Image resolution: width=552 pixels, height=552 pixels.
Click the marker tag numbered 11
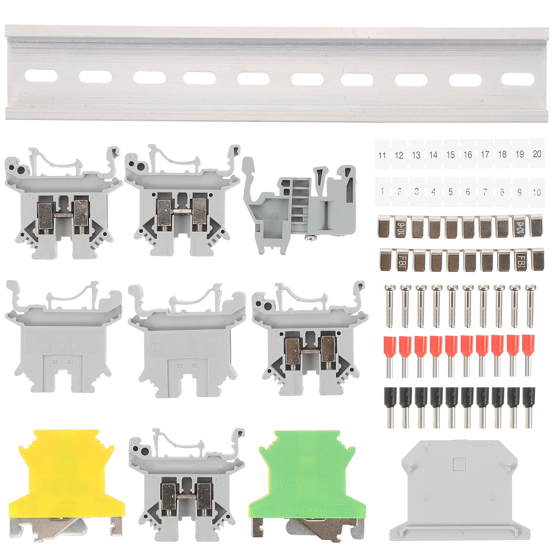pos(382,155)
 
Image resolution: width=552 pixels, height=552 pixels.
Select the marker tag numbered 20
pos(537,154)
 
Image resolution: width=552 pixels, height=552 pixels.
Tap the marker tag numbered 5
pos(451,191)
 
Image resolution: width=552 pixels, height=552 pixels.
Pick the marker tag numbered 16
pos(468,154)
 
